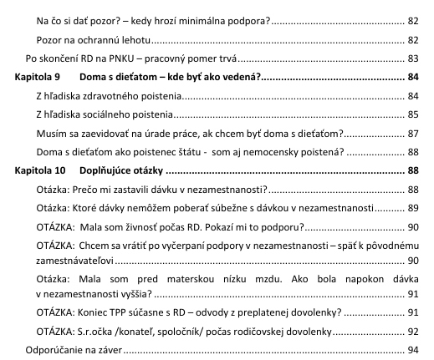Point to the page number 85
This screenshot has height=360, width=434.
(411, 114)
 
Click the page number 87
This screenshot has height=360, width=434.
(411, 134)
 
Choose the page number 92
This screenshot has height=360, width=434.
(411, 332)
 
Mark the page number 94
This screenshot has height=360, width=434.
(411, 351)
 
